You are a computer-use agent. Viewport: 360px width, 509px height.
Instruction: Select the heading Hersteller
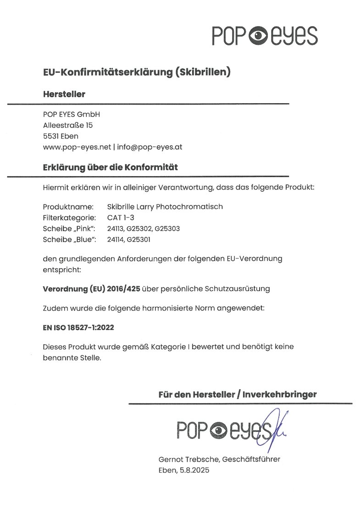point(64,94)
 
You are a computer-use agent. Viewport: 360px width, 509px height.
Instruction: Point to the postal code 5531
point(51,136)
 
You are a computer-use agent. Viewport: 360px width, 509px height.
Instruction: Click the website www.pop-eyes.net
point(77,147)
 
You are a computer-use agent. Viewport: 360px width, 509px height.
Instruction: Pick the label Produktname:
point(68,207)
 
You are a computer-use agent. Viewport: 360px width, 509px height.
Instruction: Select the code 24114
point(115,239)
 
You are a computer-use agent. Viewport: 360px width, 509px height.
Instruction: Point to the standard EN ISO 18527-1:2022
point(78,328)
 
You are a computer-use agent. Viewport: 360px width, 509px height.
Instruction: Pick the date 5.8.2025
point(193,470)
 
